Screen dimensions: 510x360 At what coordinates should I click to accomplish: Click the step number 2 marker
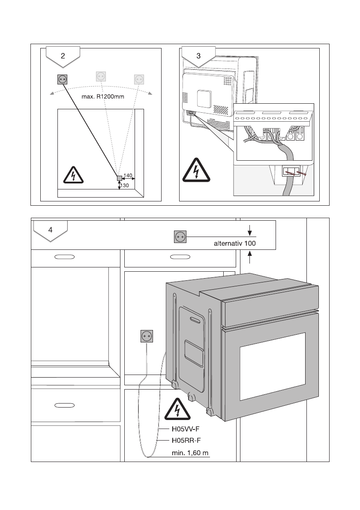[x=63, y=56]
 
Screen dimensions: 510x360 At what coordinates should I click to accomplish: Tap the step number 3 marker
[x=198, y=56]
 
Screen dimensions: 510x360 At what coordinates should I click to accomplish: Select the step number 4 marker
[x=51, y=229]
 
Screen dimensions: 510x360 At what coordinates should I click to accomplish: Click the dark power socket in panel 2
[x=63, y=79]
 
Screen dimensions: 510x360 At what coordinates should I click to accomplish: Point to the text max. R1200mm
[x=103, y=97]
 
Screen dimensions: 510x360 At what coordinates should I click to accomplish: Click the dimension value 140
[x=128, y=176]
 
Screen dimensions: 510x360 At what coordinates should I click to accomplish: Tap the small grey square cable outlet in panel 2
[x=120, y=179]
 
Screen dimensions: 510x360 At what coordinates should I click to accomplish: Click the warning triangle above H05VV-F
[x=176, y=409]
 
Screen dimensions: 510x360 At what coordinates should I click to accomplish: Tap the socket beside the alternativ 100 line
[x=180, y=237]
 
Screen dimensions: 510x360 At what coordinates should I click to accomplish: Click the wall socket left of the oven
[x=147, y=336]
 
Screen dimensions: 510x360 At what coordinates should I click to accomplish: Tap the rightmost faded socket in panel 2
[x=139, y=79]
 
